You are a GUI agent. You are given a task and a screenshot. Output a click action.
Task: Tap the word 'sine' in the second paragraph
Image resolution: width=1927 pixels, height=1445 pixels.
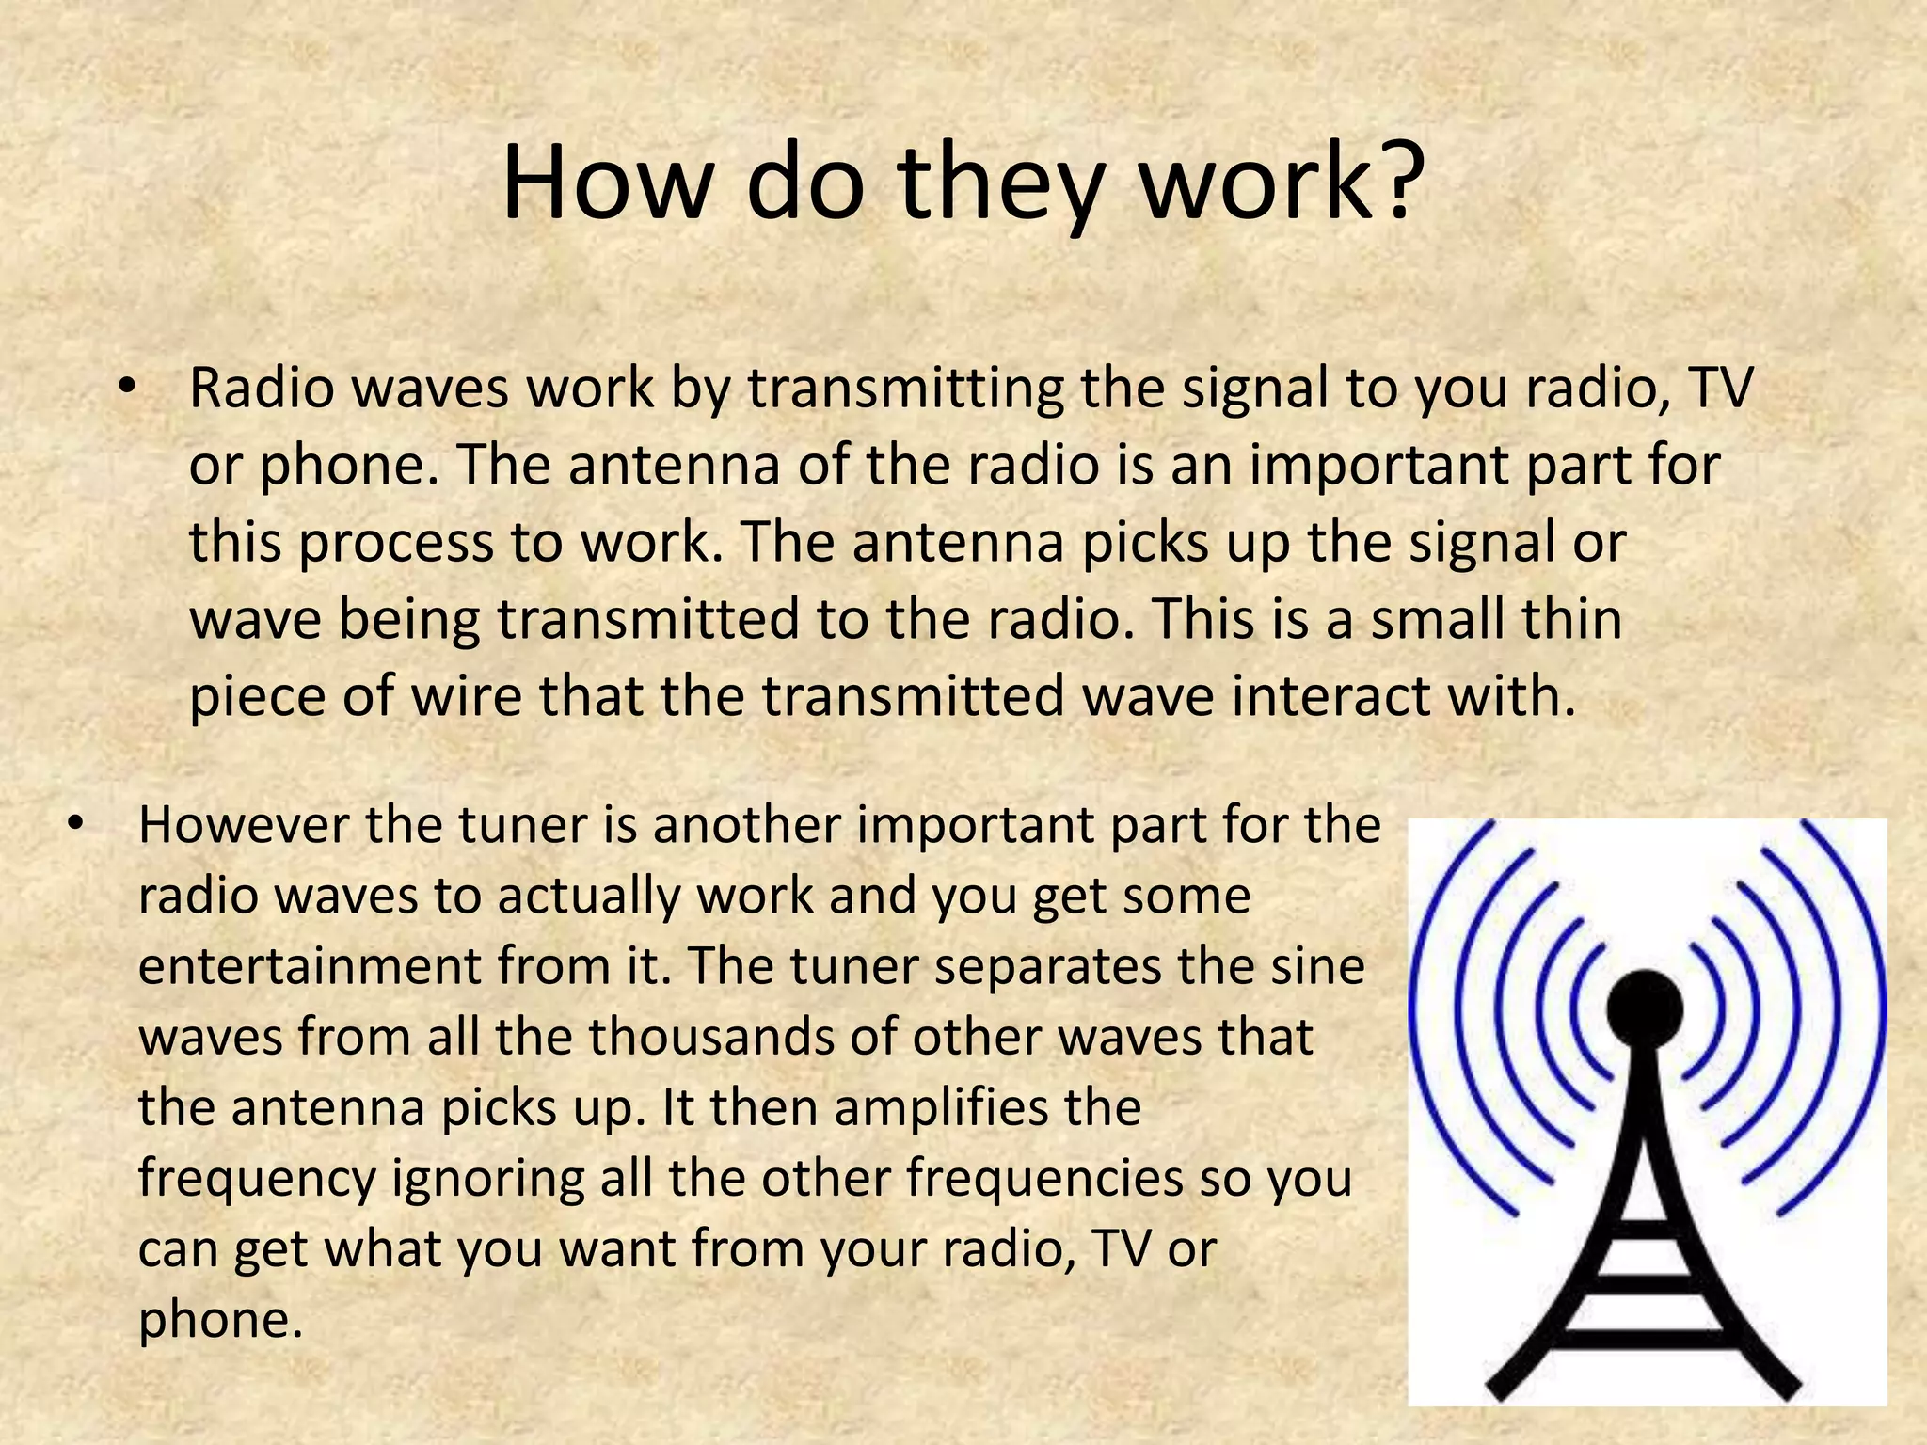[x=1326, y=966]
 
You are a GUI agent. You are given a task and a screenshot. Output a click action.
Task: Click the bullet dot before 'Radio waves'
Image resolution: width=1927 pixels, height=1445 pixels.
[x=129, y=389]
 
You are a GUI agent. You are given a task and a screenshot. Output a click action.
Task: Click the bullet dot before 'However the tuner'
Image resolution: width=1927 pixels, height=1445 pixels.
[x=76, y=825]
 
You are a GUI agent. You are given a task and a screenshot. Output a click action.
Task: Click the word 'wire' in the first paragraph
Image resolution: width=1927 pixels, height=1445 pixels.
[x=455, y=696]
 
